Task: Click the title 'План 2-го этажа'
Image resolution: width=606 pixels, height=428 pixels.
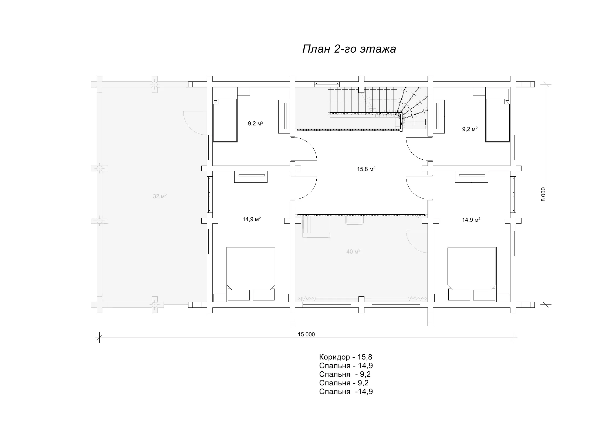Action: coord(349,49)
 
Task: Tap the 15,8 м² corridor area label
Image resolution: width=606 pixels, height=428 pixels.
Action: coord(366,169)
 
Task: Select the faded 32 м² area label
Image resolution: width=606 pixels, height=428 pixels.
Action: coord(160,196)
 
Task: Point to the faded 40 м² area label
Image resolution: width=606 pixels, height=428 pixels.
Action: coord(353,252)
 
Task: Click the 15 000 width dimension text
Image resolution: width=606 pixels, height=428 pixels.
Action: coord(306,334)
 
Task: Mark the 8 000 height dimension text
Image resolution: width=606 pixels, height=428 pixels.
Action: coord(543,194)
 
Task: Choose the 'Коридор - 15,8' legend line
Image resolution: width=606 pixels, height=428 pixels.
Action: coord(346,357)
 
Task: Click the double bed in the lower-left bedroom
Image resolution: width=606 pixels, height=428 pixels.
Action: coord(251,274)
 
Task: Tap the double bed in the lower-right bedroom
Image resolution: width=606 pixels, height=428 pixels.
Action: coord(472,274)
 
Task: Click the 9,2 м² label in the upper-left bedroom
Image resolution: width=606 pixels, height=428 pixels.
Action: coord(255,124)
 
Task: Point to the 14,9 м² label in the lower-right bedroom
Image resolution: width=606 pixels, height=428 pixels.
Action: coord(471,220)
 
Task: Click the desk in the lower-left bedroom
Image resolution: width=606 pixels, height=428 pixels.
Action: coord(251,177)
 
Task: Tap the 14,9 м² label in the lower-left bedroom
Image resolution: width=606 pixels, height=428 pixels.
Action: coord(252,219)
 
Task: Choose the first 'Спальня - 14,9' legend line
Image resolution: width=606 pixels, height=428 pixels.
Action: coord(346,366)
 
